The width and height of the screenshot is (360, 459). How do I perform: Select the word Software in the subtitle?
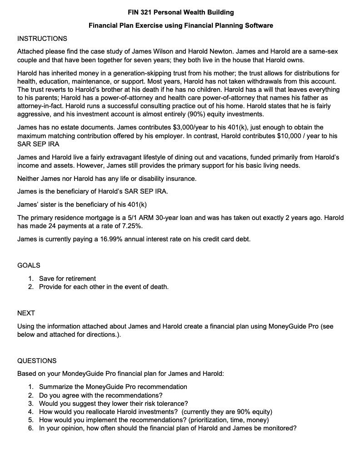coord(258,25)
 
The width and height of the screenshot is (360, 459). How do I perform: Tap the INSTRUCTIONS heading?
coord(42,38)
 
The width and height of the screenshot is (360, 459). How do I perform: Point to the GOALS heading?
coord(29,265)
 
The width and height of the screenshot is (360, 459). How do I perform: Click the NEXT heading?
coord(26,313)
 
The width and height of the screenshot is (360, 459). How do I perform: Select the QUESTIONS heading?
coord(37,361)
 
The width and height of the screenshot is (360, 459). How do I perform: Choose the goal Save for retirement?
coord(67,279)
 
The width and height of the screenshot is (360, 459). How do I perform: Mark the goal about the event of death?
coord(104,287)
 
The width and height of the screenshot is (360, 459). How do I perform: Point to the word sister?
coord(48,204)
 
